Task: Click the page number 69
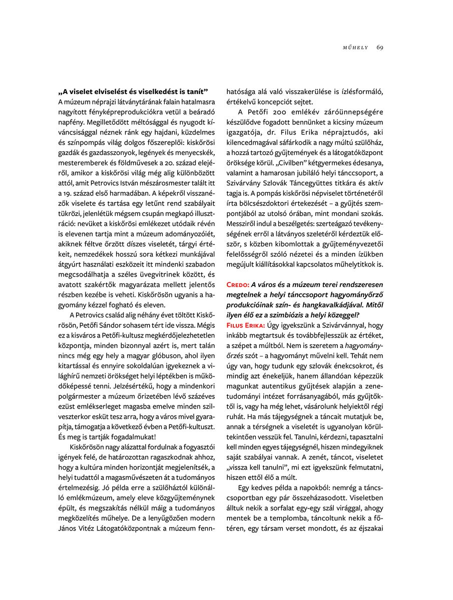pyautogui.click(x=380, y=47)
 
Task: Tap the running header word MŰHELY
pyautogui.click(x=355, y=47)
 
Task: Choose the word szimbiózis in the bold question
pyautogui.click(x=299, y=315)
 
